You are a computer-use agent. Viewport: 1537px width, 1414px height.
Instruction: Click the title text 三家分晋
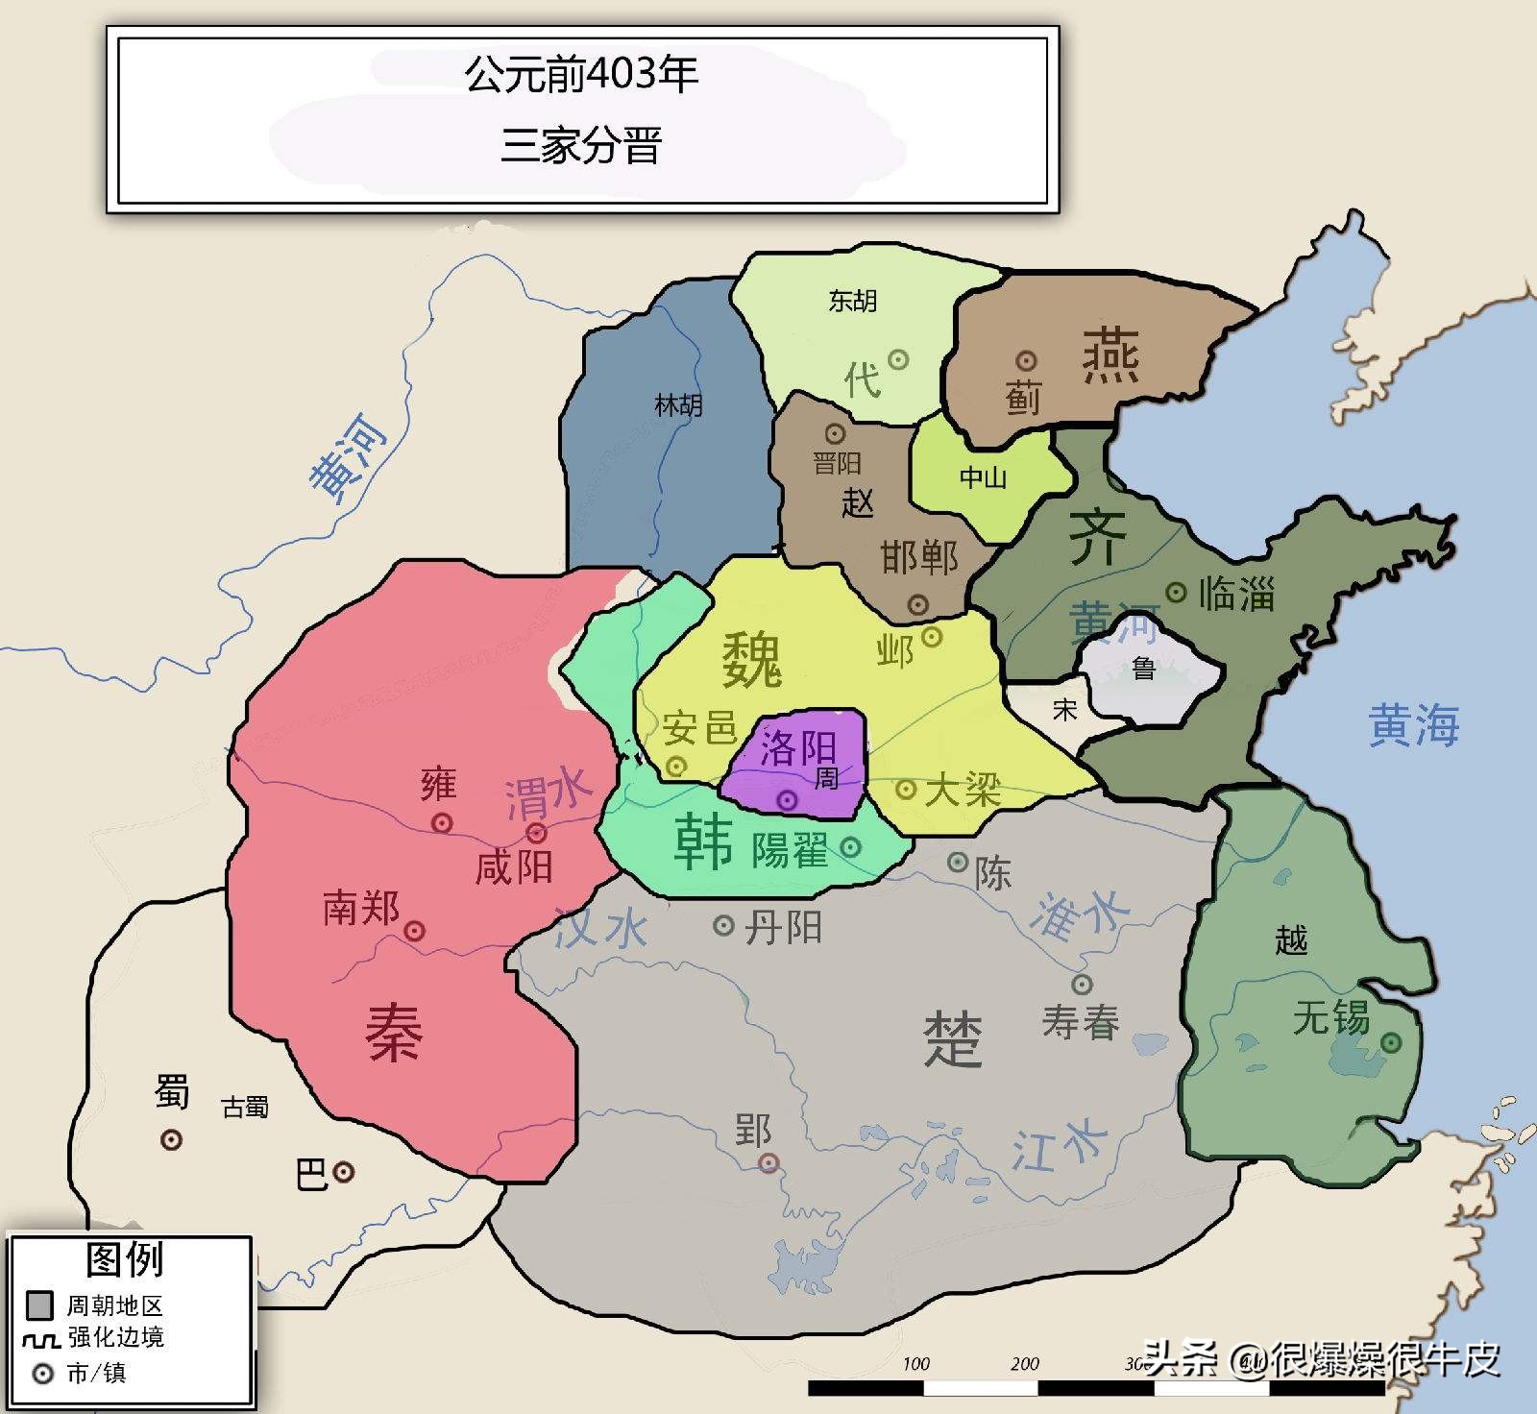581,147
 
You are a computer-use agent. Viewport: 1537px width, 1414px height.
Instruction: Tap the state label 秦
394,1033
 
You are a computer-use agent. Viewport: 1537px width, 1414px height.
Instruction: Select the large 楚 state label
952,1038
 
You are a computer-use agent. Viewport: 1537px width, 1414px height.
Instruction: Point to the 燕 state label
1110,354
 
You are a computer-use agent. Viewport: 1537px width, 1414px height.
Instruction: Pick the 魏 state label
752,660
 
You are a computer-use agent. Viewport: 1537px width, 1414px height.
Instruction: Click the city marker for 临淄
1176,592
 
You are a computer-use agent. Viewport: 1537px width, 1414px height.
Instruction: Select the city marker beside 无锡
1390,1042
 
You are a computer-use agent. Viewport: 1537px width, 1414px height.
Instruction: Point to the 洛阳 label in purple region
798,746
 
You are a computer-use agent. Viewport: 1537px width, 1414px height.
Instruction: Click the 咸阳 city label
514,867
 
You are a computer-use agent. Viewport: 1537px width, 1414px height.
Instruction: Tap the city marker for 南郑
415,930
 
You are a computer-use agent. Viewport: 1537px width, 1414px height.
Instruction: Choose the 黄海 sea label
1413,725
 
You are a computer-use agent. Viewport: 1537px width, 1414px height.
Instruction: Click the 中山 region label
983,477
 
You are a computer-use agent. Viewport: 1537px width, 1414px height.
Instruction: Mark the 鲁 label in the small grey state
1143,668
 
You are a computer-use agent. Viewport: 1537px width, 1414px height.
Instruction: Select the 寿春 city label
1081,1022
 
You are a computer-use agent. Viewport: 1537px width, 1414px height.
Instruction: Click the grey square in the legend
39,1304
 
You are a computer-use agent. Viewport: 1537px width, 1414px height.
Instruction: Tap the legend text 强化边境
115,1337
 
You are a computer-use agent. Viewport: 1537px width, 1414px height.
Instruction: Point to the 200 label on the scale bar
1024,1363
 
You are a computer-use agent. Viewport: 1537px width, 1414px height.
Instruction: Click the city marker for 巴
343,1172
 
